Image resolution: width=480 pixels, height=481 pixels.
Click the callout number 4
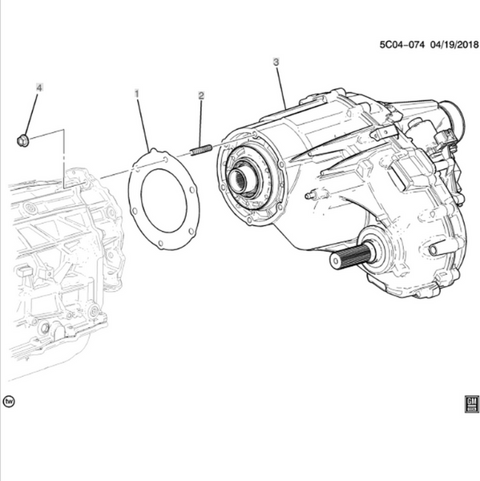39,87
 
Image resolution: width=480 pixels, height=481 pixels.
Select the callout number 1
137,94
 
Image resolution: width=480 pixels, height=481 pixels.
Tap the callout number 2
201,95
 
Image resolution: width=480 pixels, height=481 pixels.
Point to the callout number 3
276,62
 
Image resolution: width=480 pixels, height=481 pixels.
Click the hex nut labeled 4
22,140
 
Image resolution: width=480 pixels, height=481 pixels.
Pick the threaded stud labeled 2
201,150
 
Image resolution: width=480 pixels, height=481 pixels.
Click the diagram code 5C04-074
402,45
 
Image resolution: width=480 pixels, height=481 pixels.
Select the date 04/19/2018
454,45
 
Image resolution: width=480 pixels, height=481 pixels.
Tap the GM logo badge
471,404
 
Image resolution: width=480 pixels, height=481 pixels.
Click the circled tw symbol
9,402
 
